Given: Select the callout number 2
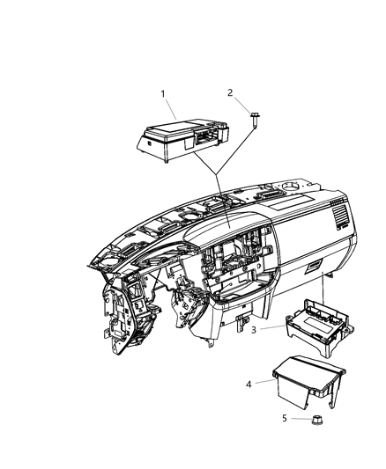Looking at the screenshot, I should [231, 92].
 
